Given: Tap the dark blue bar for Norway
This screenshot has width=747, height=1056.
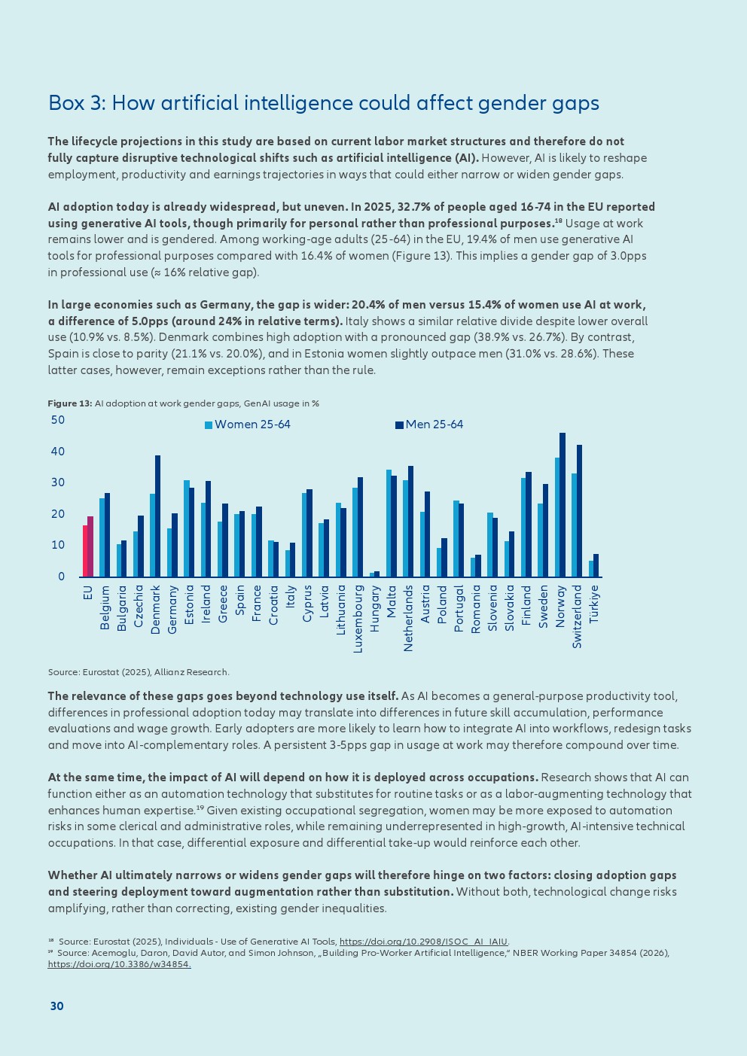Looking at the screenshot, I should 563,504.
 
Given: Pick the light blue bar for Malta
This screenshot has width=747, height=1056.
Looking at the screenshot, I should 389,523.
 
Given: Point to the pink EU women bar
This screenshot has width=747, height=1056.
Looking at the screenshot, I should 85,551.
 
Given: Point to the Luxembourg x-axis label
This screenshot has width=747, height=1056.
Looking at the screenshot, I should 358,619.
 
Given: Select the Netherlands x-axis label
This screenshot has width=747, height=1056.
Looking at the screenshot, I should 408,618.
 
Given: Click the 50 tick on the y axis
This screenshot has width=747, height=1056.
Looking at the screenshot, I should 58,420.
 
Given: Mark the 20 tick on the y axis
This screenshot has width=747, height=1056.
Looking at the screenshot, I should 58,514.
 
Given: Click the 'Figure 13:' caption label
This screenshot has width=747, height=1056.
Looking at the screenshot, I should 70,403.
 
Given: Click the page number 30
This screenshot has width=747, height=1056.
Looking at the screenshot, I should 57,1006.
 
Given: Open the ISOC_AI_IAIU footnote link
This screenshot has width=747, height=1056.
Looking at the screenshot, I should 424,942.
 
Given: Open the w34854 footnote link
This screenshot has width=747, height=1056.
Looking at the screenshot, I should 119,964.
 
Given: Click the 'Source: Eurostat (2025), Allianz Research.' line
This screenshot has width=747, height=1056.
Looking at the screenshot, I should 139,672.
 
